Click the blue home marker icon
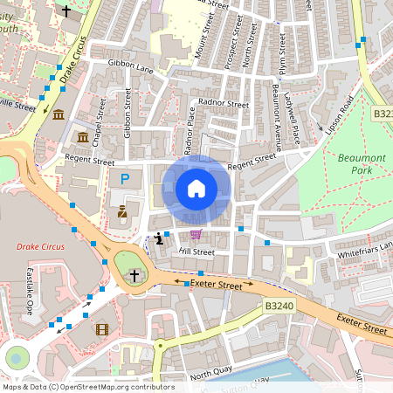coord(196,188)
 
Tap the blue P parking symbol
coord(125,179)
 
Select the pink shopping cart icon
coord(196,234)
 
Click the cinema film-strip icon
coord(103,329)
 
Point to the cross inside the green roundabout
coord(134,275)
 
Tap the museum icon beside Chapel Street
coord(82,138)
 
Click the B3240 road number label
coord(280,307)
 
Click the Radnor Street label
coord(224,102)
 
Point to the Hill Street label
coord(196,252)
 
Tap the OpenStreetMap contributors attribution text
coord(88,386)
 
